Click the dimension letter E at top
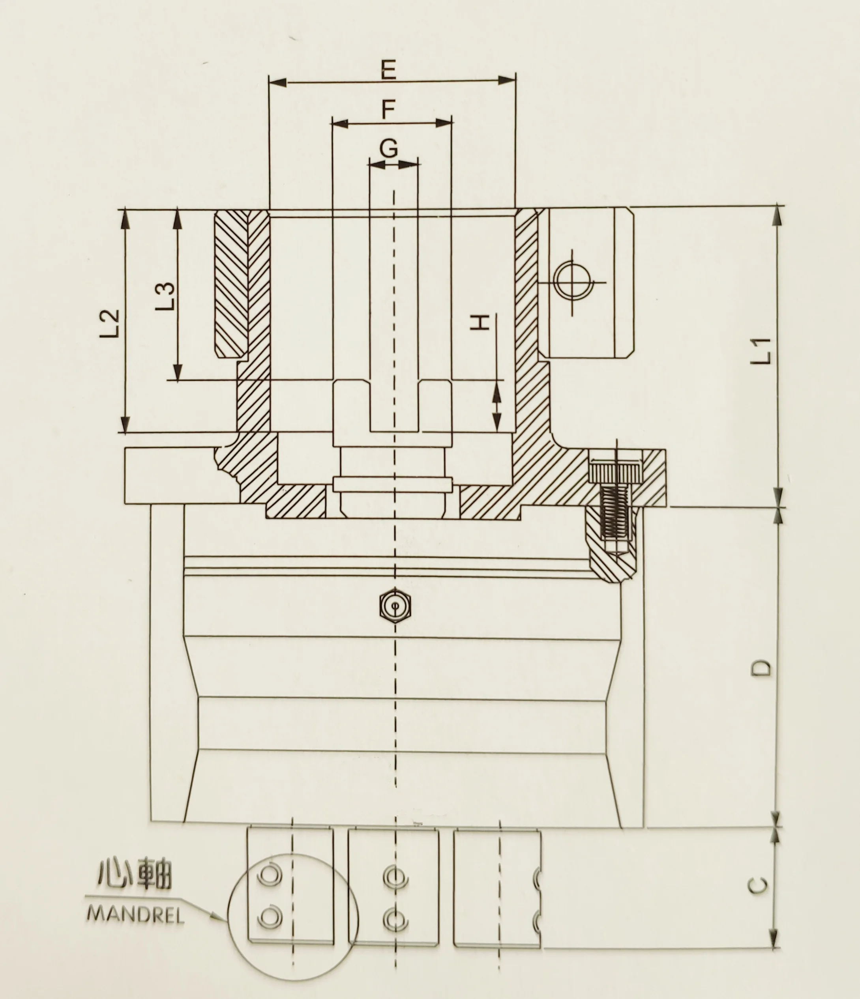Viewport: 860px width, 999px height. [388, 70]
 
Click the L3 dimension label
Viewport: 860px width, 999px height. [165, 296]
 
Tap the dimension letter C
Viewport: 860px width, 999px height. [759, 886]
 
